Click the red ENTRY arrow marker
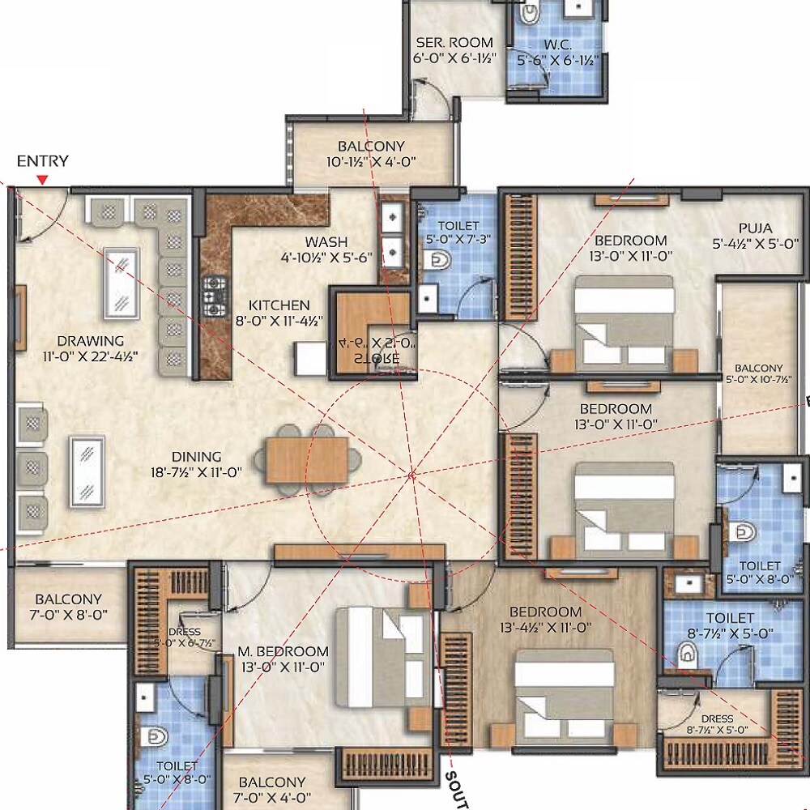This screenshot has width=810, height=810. click(43, 179)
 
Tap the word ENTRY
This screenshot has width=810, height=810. click(43, 161)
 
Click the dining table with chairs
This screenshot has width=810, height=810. click(306, 459)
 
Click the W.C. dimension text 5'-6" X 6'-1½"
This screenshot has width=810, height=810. click(557, 60)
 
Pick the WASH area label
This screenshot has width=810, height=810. click(326, 241)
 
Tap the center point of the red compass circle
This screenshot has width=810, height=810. click(412, 475)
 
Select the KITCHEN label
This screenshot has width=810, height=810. click(279, 305)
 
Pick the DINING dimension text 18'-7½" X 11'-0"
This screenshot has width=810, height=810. click(196, 472)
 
